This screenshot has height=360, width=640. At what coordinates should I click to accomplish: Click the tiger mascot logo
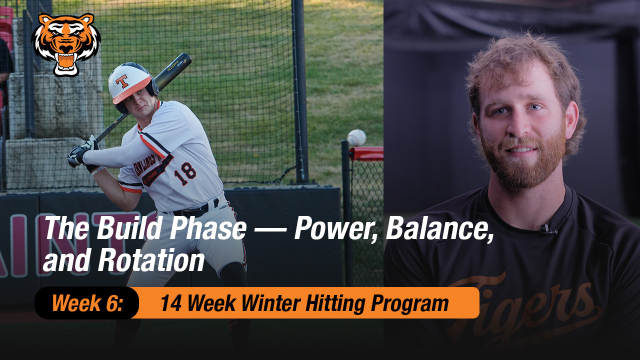tap(66, 44)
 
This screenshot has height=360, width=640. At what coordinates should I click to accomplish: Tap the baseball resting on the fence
tap(356, 137)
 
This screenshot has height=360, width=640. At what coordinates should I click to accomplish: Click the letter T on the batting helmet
tap(121, 81)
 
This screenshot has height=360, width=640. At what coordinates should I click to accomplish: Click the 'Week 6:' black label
tap(87, 303)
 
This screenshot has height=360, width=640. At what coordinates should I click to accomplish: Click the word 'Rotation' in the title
tap(151, 261)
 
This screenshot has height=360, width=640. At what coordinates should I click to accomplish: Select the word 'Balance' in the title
tap(439, 228)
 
